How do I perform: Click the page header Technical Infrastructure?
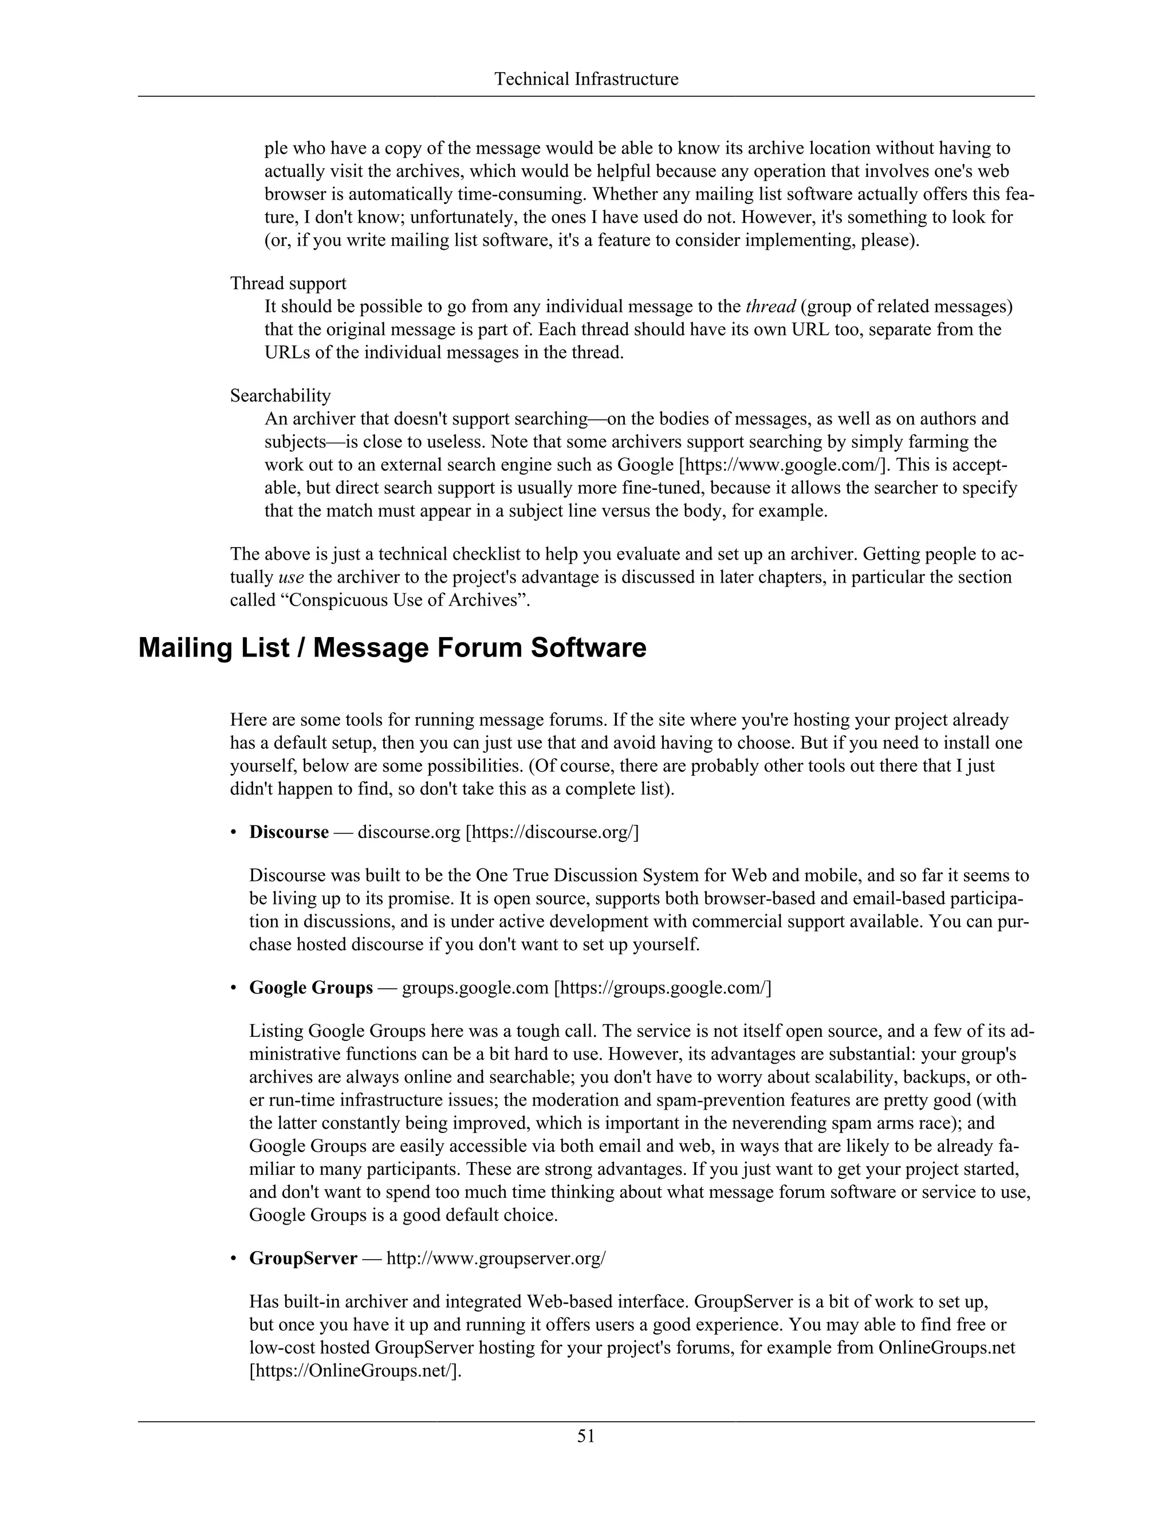pyautogui.click(x=586, y=79)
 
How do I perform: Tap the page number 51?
pyautogui.click(x=586, y=1436)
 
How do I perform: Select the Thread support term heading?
pyautogui.click(x=289, y=284)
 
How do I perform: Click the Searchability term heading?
pyautogui.click(x=280, y=396)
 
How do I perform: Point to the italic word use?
pyautogui.click(x=290, y=577)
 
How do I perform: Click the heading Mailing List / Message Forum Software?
pyautogui.click(x=392, y=648)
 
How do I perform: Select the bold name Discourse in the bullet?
pyautogui.click(x=289, y=832)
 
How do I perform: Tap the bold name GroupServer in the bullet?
pyautogui.click(x=303, y=1258)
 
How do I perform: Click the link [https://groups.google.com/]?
pyautogui.click(x=662, y=988)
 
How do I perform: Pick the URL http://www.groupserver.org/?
pyautogui.click(x=495, y=1258)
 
